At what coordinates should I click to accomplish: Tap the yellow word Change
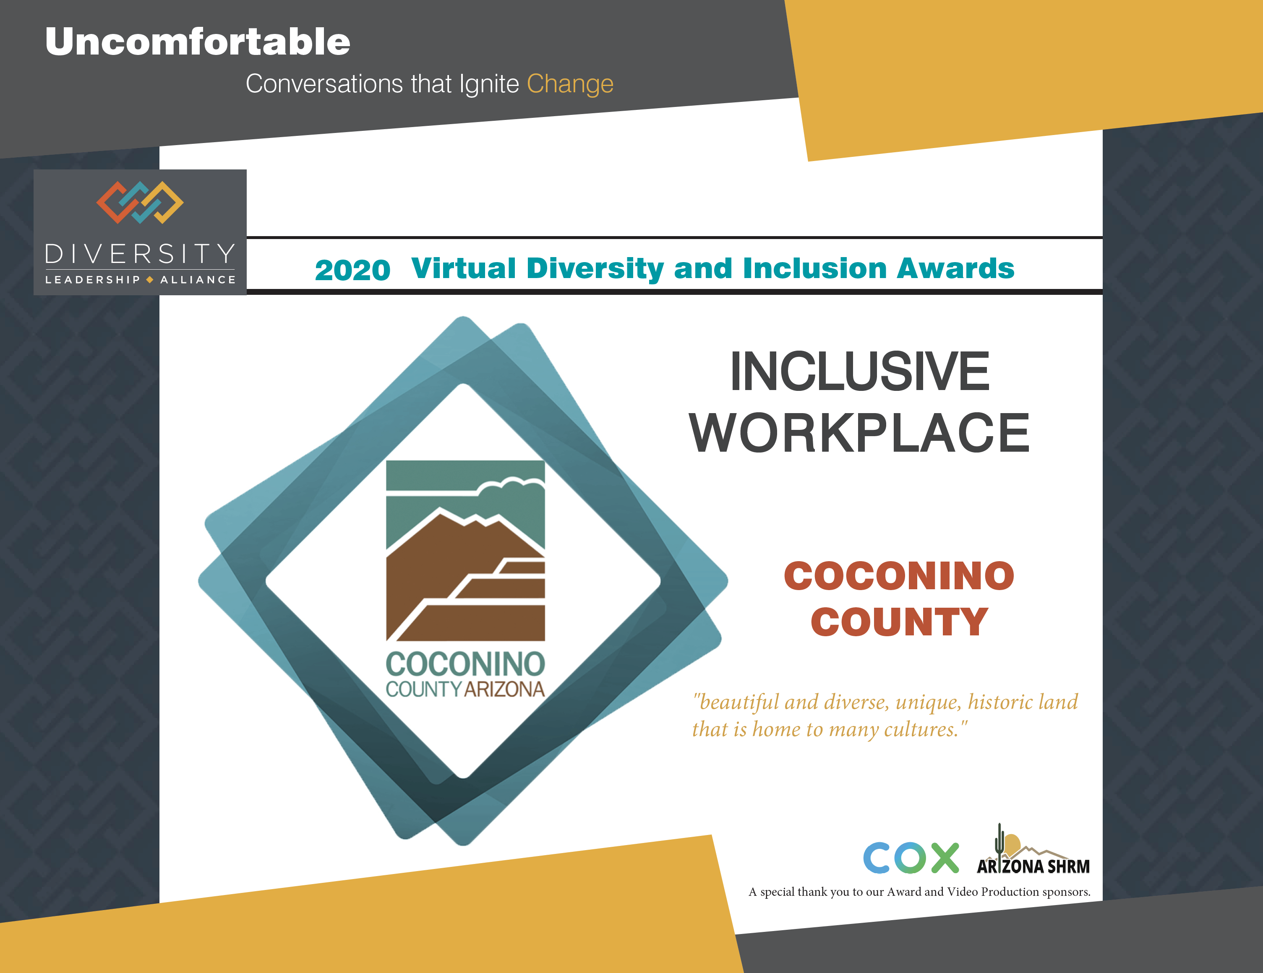[x=570, y=84]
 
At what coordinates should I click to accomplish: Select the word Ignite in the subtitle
[x=489, y=84]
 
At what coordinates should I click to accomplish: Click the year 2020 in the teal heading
[x=352, y=270]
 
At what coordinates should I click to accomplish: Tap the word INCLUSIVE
[x=859, y=371]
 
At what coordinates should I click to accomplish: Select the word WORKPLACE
[x=859, y=432]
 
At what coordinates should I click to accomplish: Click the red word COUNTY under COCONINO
[x=899, y=622]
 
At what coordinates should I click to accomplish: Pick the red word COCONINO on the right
[x=899, y=576]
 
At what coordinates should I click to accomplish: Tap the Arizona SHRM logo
[x=1033, y=849]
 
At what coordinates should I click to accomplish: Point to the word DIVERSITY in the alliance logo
[x=140, y=254]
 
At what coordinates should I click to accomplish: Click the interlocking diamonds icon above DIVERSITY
[x=140, y=202]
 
